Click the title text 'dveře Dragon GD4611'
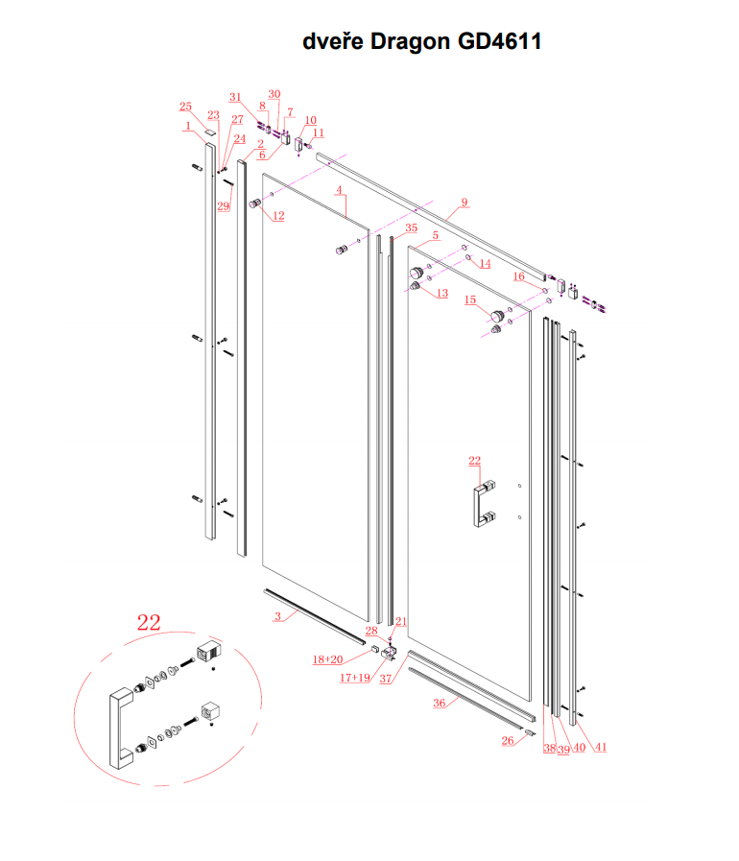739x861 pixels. tap(422, 41)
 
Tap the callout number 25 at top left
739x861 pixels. tap(185, 107)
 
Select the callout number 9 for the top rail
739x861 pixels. tap(464, 203)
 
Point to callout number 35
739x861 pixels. tap(411, 228)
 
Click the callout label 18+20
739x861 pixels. tap(327, 659)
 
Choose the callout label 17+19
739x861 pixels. tap(355, 678)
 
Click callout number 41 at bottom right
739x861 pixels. tap(602, 747)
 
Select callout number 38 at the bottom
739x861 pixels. tap(549, 748)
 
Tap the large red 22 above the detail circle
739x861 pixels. tap(149, 623)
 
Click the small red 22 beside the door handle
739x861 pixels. tap(474, 462)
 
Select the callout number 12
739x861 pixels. tap(277, 216)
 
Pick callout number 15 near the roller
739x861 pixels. tap(470, 299)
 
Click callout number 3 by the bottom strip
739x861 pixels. tap(277, 616)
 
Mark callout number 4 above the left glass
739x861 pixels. tap(339, 191)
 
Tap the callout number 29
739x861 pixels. tap(223, 207)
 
